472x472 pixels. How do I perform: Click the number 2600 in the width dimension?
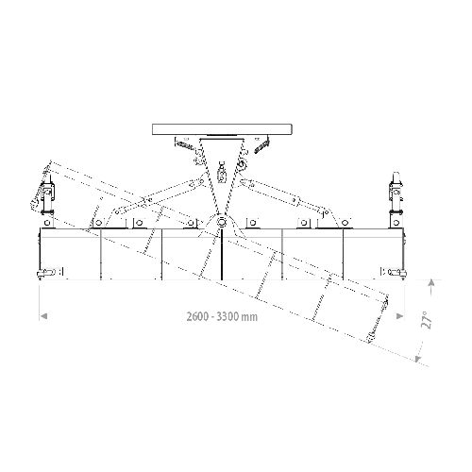tap(197, 316)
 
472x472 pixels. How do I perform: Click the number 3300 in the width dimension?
tap(228, 316)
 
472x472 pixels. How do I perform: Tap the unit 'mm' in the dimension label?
tap(249, 317)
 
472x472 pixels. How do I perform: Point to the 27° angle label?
tap(427, 320)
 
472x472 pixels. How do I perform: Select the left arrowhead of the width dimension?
tap(43, 316)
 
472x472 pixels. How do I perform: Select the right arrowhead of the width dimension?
tap(399, 316)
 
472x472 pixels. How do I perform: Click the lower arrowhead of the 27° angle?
tap(417, 359)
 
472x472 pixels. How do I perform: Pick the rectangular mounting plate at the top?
tap(222, 129)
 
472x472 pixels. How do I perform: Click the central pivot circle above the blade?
tap(222, 222)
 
